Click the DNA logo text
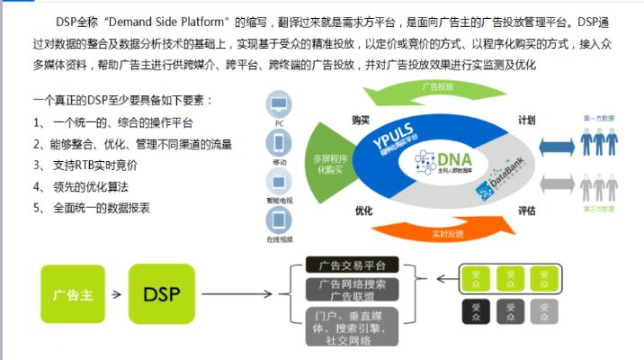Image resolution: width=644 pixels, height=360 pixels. click(x=455, y=159)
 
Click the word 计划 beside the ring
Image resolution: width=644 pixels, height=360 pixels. click(x=526, y=119)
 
